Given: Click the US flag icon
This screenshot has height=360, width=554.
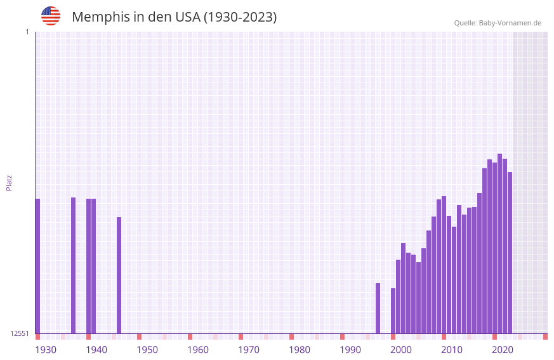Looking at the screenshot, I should [x=51, y=16].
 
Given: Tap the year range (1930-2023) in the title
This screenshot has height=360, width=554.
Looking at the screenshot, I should [x=240, y=17].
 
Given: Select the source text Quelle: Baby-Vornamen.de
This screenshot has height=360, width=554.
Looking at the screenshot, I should [x=498, y=23].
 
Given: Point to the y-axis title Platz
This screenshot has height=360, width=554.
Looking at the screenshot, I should [x=9, y=183].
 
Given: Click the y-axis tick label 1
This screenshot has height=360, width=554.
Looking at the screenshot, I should [x=27, y=32].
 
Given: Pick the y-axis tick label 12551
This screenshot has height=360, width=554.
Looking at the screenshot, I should [x=20, y=333].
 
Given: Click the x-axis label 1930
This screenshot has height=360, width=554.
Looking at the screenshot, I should [x=46, y=350].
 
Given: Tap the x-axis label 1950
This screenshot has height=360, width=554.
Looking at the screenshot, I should [x=147, y=350].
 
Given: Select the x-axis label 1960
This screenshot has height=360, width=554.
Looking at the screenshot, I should [x=198, y=350].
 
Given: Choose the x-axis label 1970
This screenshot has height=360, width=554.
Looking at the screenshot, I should [x=249, y=350].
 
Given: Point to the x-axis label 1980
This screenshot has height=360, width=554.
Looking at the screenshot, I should [x=300, y=350].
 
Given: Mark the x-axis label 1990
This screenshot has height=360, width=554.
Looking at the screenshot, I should [x=350, y=350].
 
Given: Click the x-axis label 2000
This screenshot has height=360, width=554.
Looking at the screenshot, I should [x=401, y=350].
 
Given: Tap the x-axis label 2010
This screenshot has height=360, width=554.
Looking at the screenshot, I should [x=452, y=350].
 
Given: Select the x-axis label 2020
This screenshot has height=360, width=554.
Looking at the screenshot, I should [x=503, y=350].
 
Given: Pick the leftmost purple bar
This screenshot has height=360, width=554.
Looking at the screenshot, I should [x=37, y=266].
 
